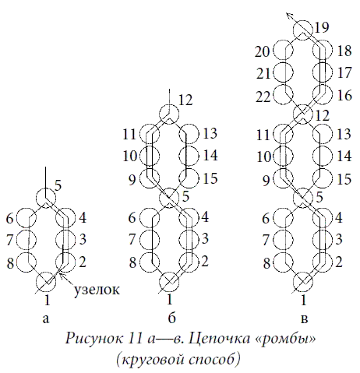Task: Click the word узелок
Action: [97, 290]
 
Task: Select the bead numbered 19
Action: [303, 30]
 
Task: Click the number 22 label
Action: [263, 97]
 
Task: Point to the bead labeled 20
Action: [284, 50]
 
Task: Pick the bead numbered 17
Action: [323, 72]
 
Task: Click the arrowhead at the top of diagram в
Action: [288, 16]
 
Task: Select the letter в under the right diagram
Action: [304, 318]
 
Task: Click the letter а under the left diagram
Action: [46, 318]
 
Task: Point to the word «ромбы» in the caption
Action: [285, 340]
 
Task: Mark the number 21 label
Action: [263, 74]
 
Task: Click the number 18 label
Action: [344, 51]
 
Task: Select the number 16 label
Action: [344, 96]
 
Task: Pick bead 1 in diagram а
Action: [47, 281]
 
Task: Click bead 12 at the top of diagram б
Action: [169, 114]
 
